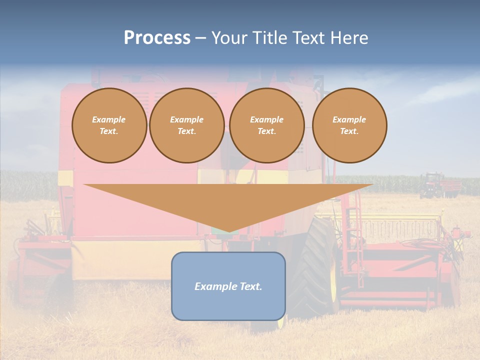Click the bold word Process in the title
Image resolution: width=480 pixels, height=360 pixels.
click(x=157, y=38)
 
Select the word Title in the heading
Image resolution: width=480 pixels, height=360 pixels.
click(x=269, y=38)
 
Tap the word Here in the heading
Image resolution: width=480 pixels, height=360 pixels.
click(x=349, y=38)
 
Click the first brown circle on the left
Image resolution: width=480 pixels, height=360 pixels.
click(x=109, y=125)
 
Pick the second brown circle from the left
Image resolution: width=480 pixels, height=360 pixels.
click(x=187, y=125)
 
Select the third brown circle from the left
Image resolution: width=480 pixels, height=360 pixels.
click(x=267, y=125)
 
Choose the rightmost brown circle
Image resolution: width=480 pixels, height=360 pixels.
click(x=349, y=125)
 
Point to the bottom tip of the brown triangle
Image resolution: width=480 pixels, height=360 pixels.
click(x=228, y=231)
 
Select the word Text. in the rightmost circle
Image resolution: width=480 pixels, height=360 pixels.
click(x=349, y=131)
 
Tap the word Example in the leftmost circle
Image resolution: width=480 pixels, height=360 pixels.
click(x=109, y=119)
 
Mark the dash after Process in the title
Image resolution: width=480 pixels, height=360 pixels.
click(x=201, y=38)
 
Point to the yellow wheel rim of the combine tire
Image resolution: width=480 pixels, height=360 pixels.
click(x=333, y=280)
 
